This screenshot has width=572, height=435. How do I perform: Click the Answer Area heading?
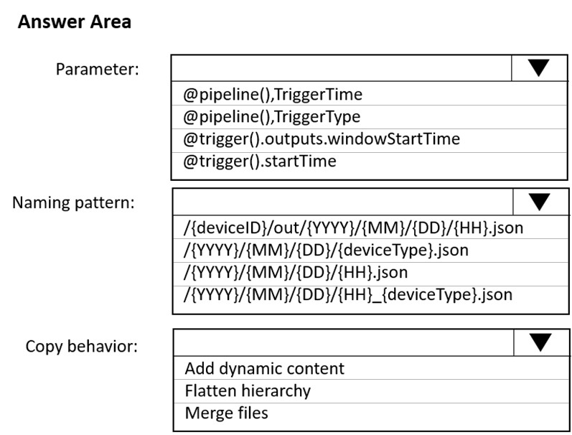75,22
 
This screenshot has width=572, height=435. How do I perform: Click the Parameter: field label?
98,69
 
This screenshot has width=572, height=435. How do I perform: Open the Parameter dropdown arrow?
538,68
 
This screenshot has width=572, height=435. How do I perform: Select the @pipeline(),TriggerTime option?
273,95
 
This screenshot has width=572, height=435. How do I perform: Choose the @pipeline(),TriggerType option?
272,117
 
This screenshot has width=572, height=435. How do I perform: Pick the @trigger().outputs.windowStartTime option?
322,139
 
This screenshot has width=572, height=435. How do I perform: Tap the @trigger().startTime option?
259,162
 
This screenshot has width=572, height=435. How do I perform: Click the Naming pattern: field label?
73,202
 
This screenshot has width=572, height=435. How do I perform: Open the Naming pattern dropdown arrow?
539,202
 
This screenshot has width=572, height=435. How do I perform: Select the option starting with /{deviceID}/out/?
353,228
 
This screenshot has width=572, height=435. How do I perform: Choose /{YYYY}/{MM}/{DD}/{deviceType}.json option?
326,251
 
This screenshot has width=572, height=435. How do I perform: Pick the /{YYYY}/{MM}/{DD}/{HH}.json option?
296,273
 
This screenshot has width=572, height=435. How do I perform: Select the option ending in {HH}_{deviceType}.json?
347,295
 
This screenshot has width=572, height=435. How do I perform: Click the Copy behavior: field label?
82,346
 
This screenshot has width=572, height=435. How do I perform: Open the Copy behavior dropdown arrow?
540,342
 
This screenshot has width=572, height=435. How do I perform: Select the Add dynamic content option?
265,368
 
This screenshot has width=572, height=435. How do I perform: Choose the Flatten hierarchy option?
248,390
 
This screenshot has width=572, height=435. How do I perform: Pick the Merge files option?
227,413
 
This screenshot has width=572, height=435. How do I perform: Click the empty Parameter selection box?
342,68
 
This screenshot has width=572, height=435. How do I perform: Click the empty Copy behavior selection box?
344,342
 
